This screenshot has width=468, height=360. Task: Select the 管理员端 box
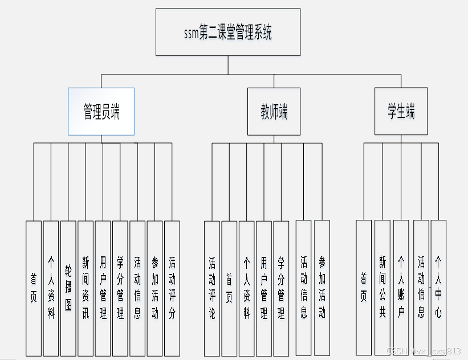point(101,112)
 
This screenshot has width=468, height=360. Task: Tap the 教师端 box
point(274,112)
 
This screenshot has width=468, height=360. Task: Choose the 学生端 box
point(401,111)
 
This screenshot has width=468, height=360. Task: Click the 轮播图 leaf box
point(68,288)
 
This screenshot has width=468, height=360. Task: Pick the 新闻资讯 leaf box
point(86,288)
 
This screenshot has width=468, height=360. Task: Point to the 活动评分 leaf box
point(172,288)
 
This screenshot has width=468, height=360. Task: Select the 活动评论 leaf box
point(212,288)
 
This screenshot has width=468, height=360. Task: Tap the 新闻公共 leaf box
point(382,288)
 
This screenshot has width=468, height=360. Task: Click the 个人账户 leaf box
point(401,288)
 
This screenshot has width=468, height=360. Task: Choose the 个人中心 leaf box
point(438,288)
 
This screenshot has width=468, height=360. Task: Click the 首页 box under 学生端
point(364,288)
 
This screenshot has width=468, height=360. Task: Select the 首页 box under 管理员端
point(34,288)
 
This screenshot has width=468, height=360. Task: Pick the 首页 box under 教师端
point(229,288)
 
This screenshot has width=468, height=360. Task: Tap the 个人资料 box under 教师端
point(247,288)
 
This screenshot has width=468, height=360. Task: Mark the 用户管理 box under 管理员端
point(103,288)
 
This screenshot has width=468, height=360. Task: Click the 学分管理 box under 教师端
point(281,288)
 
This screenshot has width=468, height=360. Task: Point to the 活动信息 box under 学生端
point(421,288)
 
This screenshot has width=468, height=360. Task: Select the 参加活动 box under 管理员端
point(155,288)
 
